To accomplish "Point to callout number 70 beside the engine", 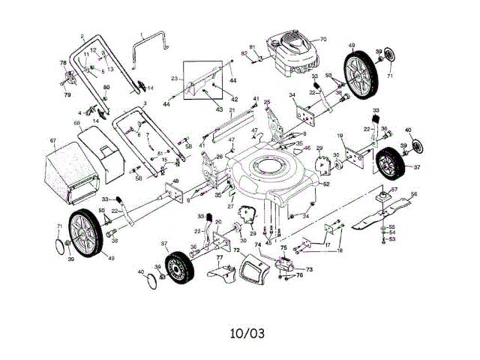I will pos(323,39).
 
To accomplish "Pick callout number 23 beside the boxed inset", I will pos(174,78).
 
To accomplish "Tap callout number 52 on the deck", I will pos(326,184).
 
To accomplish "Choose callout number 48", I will pos(175,181).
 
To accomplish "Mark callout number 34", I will pos(292,95).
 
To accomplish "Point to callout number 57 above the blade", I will pos(394,189).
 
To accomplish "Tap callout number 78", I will pos(63,62).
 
